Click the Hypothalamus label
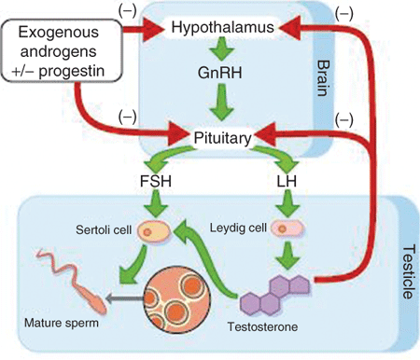[223, 27]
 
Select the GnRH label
[220, 73]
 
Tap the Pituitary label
[222, 138]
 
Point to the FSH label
[156, 181]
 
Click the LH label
[287, 181]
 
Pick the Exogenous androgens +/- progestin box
[62, 50]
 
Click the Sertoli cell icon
[154, 231]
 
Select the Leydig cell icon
[287, 229]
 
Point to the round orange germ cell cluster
[177, 299]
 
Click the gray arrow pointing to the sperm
[124, 298]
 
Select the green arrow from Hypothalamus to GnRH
[221, 48]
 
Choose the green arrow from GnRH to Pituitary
[221, 102]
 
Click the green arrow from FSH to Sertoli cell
[156, 203]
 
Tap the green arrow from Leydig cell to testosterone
[287, 255]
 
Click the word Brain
[323, 78]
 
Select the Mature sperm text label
[62, 323]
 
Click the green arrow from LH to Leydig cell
[287, 203]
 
